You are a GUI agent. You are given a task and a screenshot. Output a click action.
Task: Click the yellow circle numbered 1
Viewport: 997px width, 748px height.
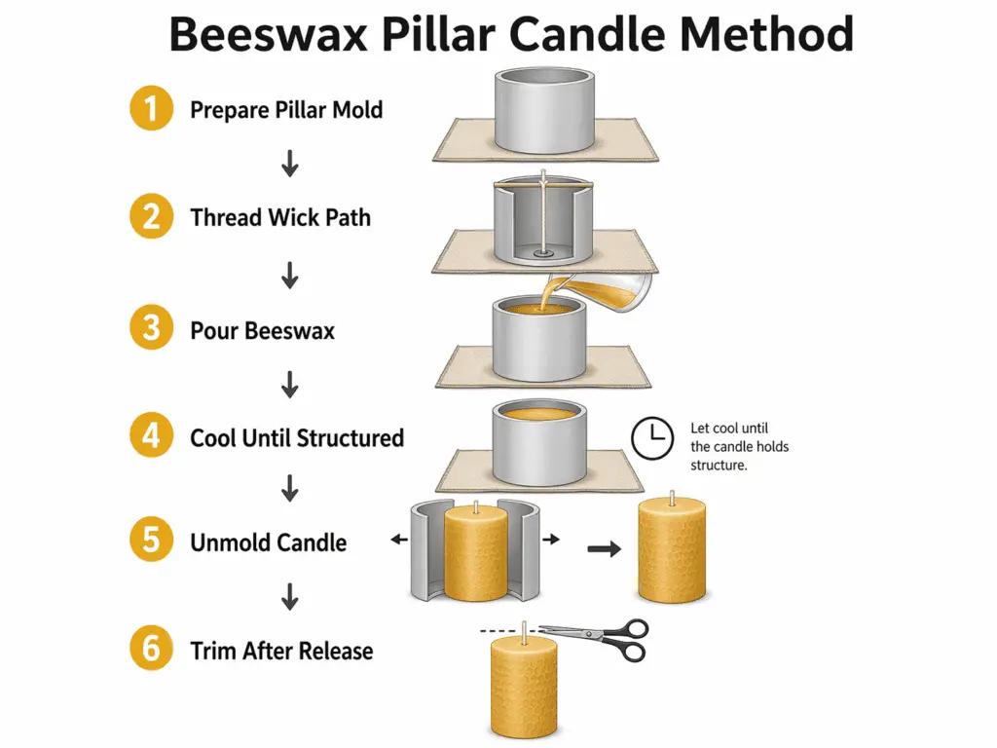point(151,109)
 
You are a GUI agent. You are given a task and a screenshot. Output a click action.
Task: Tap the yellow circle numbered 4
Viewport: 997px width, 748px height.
point(151,436)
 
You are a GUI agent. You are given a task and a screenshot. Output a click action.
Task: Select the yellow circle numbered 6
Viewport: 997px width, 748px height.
point(151,649)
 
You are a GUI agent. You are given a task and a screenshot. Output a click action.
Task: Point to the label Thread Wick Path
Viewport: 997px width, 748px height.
point(280,216)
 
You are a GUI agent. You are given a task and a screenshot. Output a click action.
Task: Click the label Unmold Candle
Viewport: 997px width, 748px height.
point(268,542)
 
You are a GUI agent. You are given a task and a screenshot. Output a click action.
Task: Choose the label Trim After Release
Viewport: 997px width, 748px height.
point(281,651)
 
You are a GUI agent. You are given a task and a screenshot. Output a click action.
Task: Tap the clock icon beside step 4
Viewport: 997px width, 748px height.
point(652,439)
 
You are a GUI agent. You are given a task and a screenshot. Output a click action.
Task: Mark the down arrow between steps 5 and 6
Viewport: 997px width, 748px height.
point(289,597)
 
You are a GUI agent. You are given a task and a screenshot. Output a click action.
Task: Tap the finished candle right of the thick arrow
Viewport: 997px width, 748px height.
point(672,550)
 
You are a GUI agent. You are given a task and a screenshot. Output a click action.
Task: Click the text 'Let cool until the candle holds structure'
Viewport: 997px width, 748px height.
point(739,446)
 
